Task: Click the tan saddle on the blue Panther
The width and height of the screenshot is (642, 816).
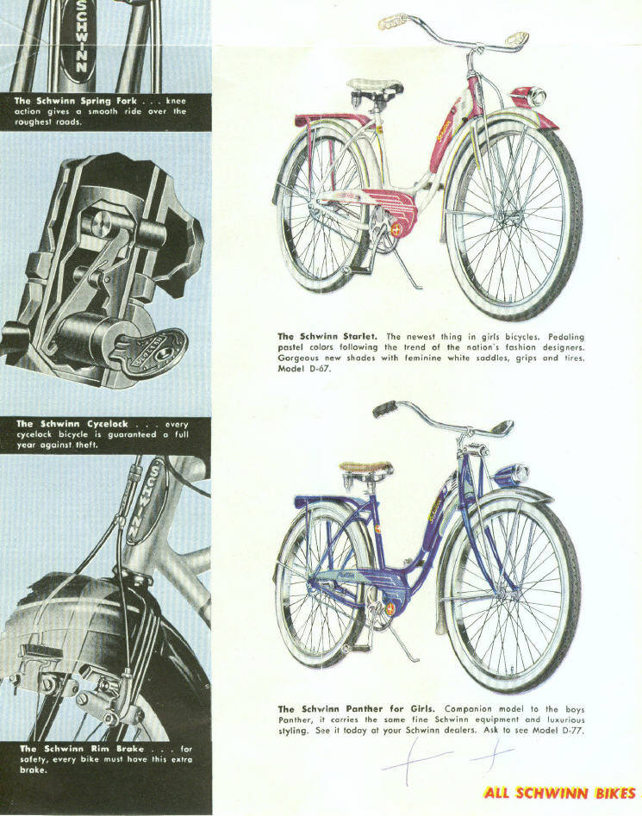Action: (365, 467)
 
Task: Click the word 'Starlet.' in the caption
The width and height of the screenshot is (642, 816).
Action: (360, 336)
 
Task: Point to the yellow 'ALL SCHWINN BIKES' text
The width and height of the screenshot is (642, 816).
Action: (560, 793)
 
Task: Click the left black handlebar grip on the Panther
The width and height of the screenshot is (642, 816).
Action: (384, 408)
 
